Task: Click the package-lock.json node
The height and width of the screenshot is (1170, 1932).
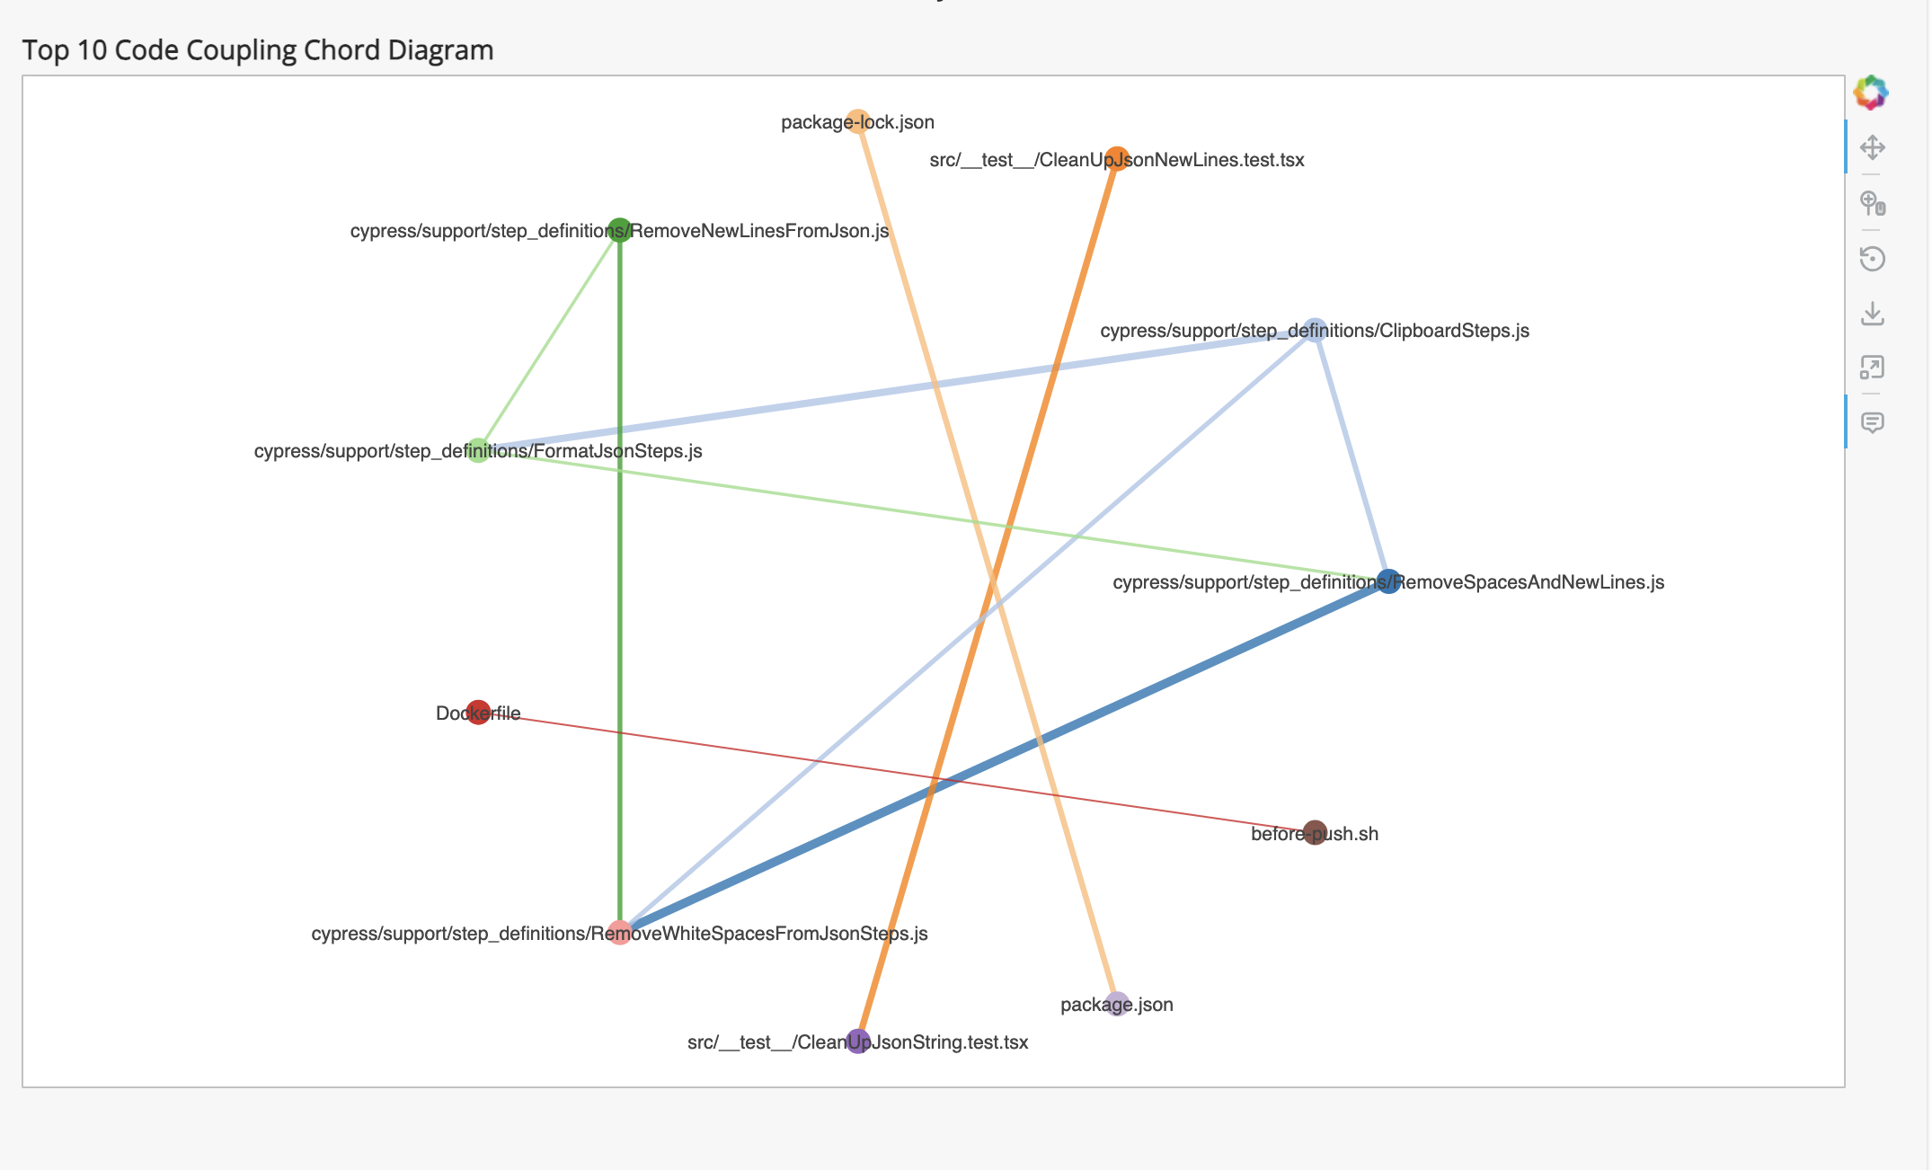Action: [x=858, y=121]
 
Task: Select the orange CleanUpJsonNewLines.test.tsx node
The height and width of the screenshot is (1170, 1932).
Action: [x=1116, y=159]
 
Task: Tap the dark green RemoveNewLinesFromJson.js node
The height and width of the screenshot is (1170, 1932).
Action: [x=619, y=230]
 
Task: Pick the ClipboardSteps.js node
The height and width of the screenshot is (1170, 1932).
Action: [x=1315, y=330]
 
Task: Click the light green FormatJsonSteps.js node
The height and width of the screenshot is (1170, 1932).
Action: [x=478, y=450]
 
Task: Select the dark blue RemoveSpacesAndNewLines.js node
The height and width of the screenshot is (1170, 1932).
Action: [x=1388, y=581]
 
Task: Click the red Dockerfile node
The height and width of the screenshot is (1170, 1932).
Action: [x=478, y=713]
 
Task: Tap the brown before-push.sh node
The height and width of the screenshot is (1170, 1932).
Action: [x=1315, y=833]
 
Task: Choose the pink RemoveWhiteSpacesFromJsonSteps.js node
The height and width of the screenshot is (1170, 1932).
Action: [x=619, y=933]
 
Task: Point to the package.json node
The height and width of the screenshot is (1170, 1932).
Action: [x=1117, y=1004]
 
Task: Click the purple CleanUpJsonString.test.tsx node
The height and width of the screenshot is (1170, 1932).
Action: [x=858, y=1041]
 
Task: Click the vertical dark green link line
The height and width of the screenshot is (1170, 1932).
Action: [x=619, y=629]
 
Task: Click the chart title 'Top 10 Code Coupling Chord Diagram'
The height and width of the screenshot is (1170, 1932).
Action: [x=258, y=50]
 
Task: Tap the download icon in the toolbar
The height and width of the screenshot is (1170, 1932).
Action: [x=1873, y=314]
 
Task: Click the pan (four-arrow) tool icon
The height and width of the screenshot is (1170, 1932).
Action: [x=1873, y=146]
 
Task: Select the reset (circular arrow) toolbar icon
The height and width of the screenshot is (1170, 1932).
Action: [x=1873, y=259]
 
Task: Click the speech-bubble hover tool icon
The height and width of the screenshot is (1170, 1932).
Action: [x=1873, y=422]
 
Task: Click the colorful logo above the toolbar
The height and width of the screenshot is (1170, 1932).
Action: [x=1871, y=93]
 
